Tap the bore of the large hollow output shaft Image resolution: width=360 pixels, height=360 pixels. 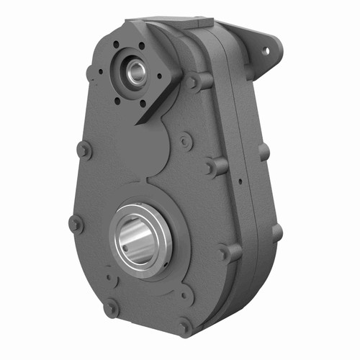(140, 238)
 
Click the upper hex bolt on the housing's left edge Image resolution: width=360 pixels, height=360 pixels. (84, 150)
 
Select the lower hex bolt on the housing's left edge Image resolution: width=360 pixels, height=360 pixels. (75, 224)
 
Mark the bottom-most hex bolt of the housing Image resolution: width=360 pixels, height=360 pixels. (186, 325)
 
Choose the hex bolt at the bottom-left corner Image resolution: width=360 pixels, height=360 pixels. (111, 307)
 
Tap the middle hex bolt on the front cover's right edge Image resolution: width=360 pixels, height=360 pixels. (215, 166)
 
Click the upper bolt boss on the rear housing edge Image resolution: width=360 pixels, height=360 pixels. (264, 152)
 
